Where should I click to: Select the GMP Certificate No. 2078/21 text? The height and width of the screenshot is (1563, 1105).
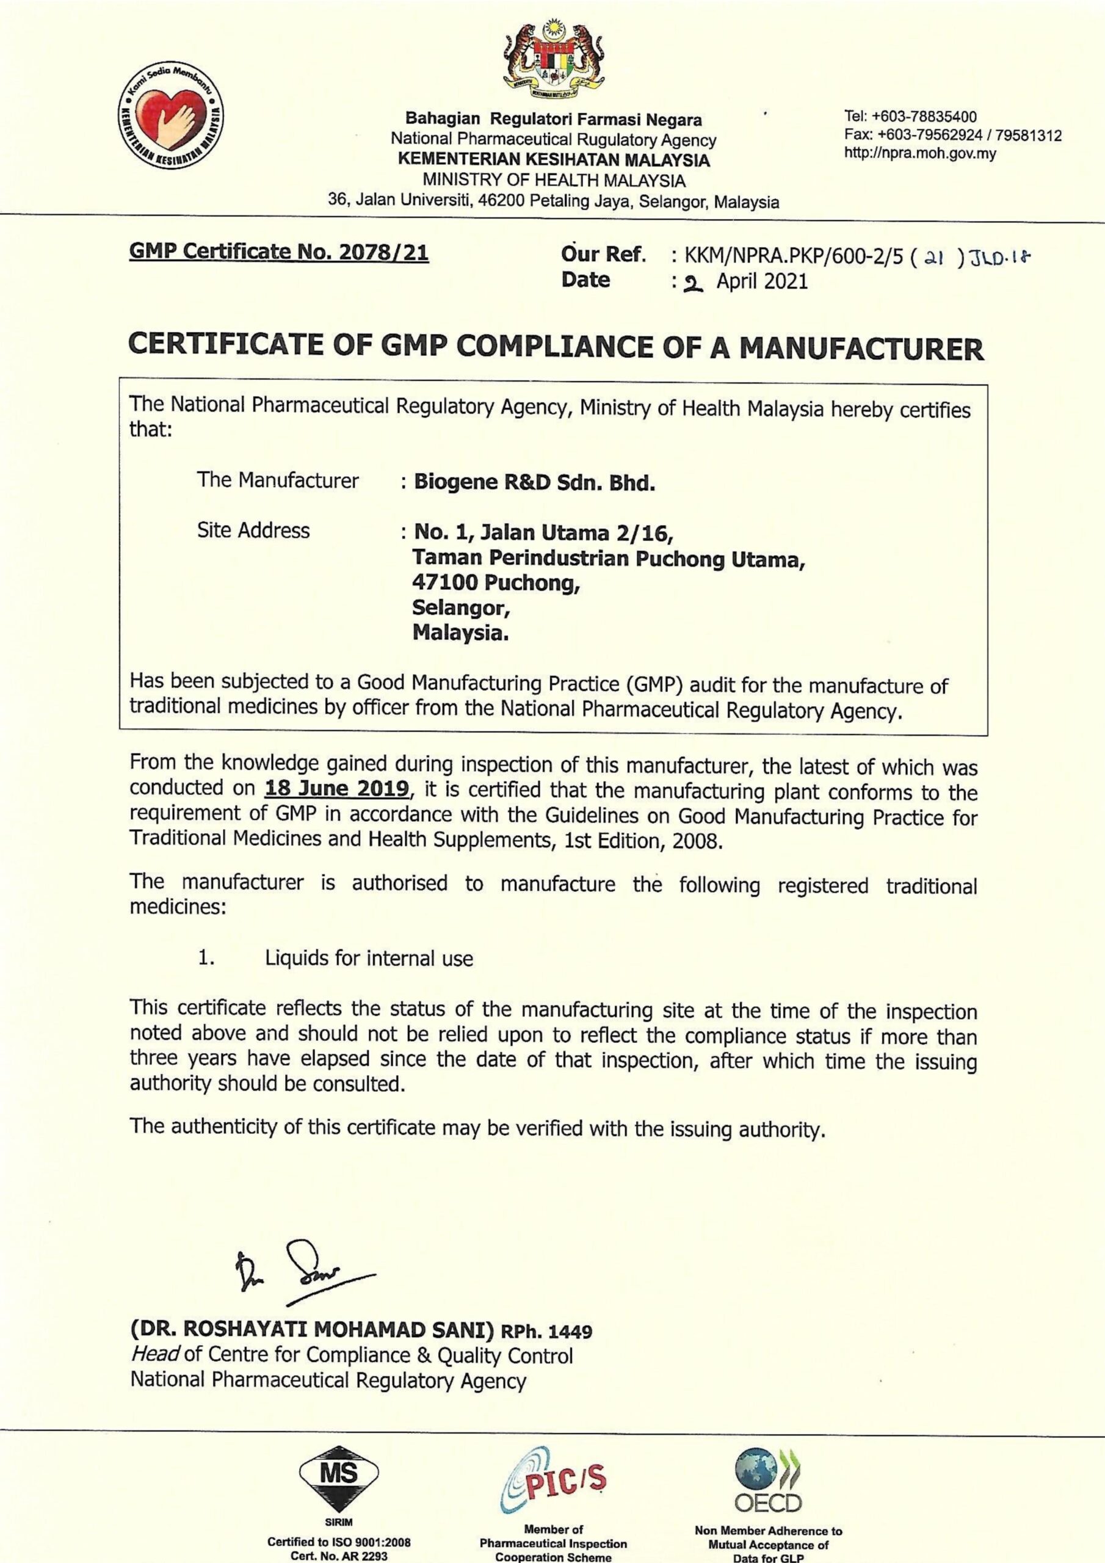tap(279, 253)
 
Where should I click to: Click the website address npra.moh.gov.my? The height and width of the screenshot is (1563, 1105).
tap(920, 154)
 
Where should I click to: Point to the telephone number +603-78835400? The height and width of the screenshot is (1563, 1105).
tap(911, 117)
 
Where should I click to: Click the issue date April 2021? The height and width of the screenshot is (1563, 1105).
tap(761, 281)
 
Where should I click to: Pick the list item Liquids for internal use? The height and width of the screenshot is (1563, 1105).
tap(369, 959)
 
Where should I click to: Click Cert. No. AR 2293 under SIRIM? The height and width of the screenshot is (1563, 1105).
tap(339, 1556)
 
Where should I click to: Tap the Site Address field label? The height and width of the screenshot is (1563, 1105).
tap(253, 531)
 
